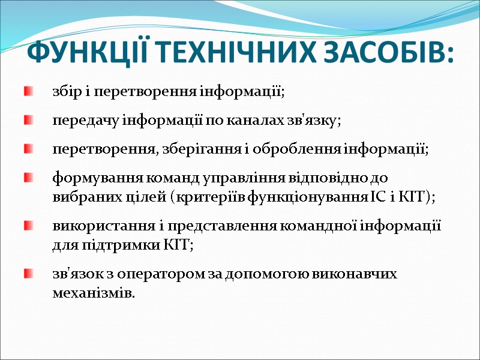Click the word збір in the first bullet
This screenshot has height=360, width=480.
pyautogui.click(x=64, y=93)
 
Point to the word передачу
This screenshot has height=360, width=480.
pyautogui.click(x=81, y=121)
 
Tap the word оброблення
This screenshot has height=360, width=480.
pyautogui.click(x=300, y=149)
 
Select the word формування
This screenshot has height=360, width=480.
pyautogui.click(x=89, y=178)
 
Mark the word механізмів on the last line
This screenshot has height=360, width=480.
pyautogui.click(x=92, y=293)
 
